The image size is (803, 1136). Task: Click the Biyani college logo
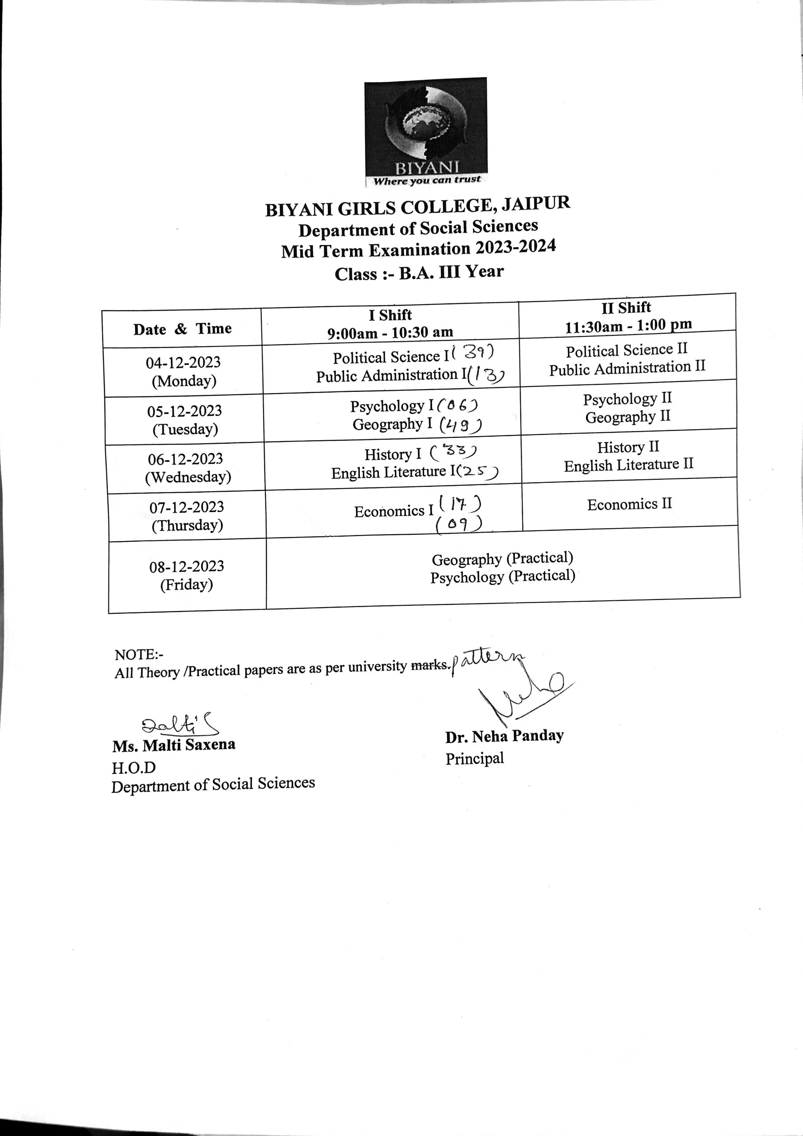click(425, 132)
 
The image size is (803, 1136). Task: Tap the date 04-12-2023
click(183, 363)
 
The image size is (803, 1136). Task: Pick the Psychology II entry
click(627, 399)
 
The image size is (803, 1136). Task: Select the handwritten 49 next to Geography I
click(461, 424)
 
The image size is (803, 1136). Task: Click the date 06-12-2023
click(185, 459)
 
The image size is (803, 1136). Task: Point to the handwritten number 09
click(459, 524)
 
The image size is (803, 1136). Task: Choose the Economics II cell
click(630, 504)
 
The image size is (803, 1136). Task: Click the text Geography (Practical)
click(502, 559)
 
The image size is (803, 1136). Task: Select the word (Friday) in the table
click(186, 585)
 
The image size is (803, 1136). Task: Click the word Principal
click(474, 758)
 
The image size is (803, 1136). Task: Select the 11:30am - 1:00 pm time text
click(628, 326)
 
